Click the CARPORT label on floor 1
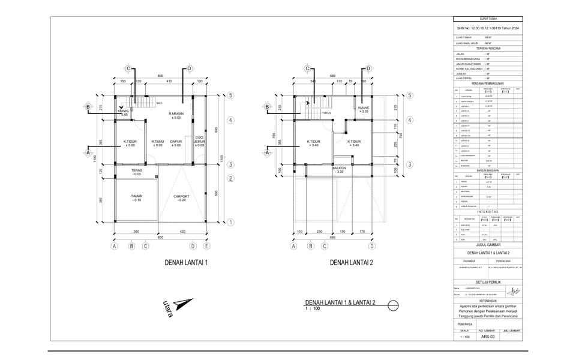pyautogui.click(x=181, y=197)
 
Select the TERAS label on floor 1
pyautogui.click(x=137, y=171)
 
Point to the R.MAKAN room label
pyautogui.click(x=175, y=115)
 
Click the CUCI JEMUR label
pyautogui.click(x=199, y=139)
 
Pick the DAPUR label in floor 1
pyautogui.click(x=176, y=142)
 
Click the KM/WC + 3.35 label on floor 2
pyautogui.click(x=364, y=109)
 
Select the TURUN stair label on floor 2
pyautogui.click(x=326, y=113)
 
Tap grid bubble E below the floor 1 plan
pyautogui.click(x=206, y=245)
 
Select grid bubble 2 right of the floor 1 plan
pyautogui.click(x=230, y=178)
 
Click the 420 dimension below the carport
pyautogui.click(x=182, y=232)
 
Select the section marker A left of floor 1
pyautogui.click(x=88, y=152)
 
